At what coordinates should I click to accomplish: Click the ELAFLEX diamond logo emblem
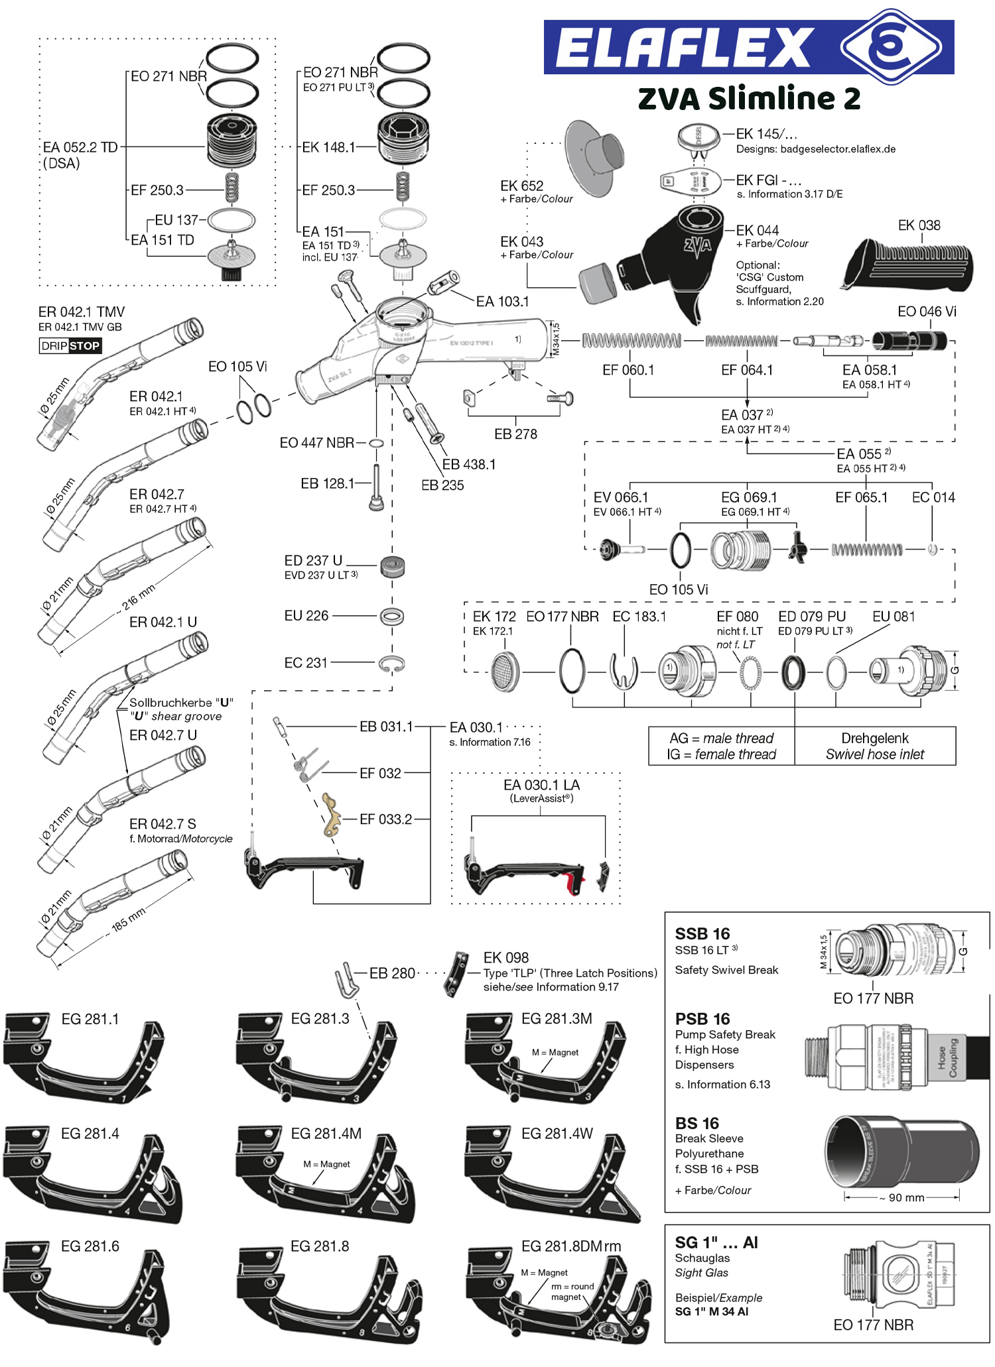click(890, 46)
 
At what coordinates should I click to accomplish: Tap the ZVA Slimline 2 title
click(749, 99)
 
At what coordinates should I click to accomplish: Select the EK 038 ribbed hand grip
click(909, 265)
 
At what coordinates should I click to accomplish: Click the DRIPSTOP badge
click(70, 345)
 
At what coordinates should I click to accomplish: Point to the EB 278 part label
click(515, 434)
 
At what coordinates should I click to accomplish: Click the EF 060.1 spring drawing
click(631, 341)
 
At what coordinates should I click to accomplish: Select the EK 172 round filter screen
click(506, 672)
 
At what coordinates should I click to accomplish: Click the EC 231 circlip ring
click(391, 664)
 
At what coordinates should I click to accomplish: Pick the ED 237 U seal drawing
click(393, 567)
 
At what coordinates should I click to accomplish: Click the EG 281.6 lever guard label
click(90, 1246)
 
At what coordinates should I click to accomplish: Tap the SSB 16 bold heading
click(702, 933)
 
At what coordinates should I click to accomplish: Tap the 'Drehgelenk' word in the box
click(875, 739)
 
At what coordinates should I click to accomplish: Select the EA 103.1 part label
click(503, 302)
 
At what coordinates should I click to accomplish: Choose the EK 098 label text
click(506, 957)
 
